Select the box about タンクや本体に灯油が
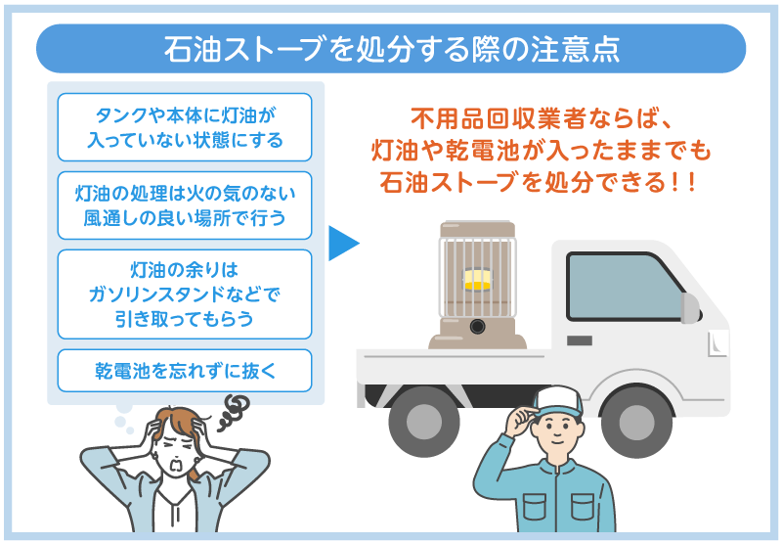pos(185,127)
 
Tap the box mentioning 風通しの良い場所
pos(185,204)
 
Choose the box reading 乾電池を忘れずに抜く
pos(185,370)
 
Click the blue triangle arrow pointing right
pos(343,245)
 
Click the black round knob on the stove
pos(476,326)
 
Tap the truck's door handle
pos(580,341)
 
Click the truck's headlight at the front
pos(717,342)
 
